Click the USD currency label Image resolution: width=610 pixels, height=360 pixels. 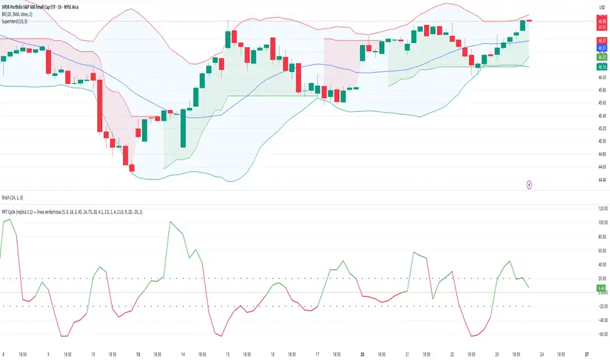pos(601,7)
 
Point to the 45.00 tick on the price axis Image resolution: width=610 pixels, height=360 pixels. pos(601,141)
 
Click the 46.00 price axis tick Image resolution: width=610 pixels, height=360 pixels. pos(601,78)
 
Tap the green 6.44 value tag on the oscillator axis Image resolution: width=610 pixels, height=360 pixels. pos(601,288)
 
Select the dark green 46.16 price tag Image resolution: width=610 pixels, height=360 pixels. pos(601,67)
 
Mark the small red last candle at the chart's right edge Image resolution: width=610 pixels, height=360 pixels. pos(529,21)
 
